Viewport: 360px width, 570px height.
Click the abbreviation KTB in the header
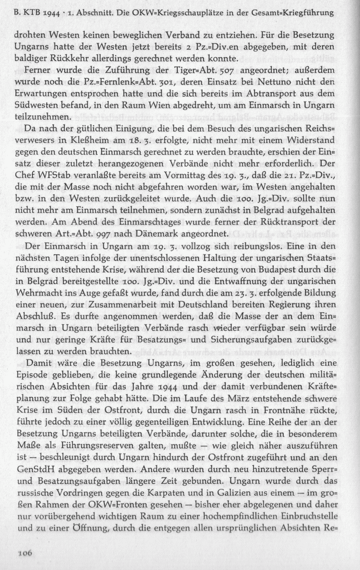pos(30,13)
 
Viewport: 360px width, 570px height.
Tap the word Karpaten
pos(153,492)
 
